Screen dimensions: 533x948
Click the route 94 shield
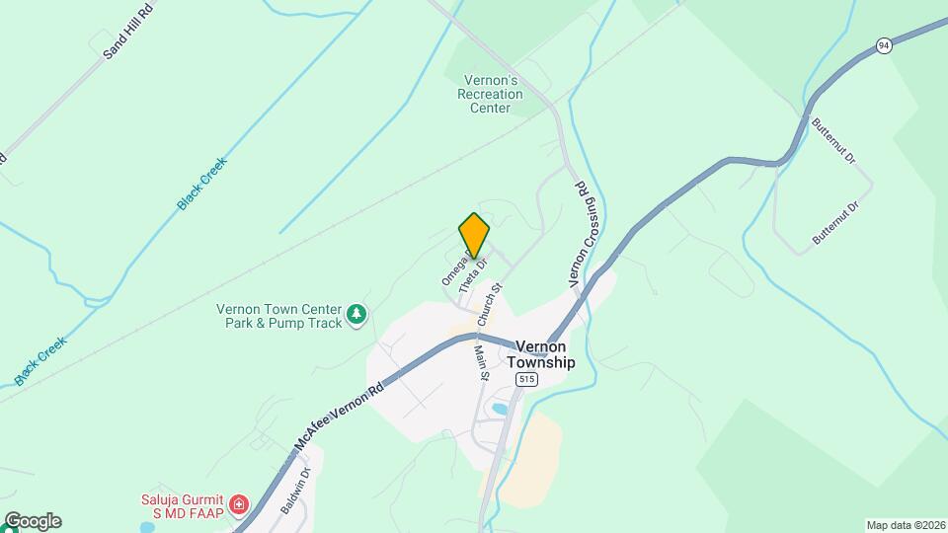point(883,45)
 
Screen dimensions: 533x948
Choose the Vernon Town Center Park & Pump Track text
point(278,316)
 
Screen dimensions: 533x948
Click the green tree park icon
point(356,316)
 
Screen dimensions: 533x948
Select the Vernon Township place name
point(541,354)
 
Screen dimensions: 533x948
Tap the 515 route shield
point(525,380)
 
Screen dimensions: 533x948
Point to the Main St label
point(483,360)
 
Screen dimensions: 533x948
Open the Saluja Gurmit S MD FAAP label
point(182,506)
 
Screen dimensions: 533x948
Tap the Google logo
point(33,520)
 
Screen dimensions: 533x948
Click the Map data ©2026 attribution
point(905,524)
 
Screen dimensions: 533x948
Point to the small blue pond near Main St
point(500,409)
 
